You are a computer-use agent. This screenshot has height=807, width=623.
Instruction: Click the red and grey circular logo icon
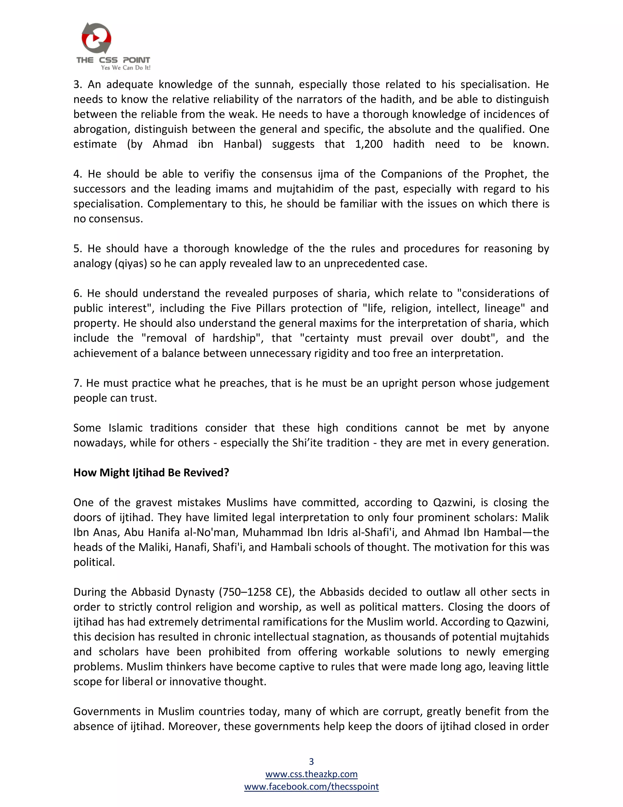coord(96,38)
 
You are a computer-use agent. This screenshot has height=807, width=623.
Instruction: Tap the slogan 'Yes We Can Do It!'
coord(126,68)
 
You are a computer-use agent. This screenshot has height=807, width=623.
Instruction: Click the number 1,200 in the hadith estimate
coord(369,144)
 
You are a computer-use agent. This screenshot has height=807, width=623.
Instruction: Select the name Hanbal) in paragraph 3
coord(242,144)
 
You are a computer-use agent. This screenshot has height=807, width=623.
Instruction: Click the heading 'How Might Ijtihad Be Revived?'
coord(151,473)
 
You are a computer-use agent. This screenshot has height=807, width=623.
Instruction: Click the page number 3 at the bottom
coord(311,761)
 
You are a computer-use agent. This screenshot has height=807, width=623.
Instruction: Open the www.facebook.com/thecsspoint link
coord(311,786)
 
